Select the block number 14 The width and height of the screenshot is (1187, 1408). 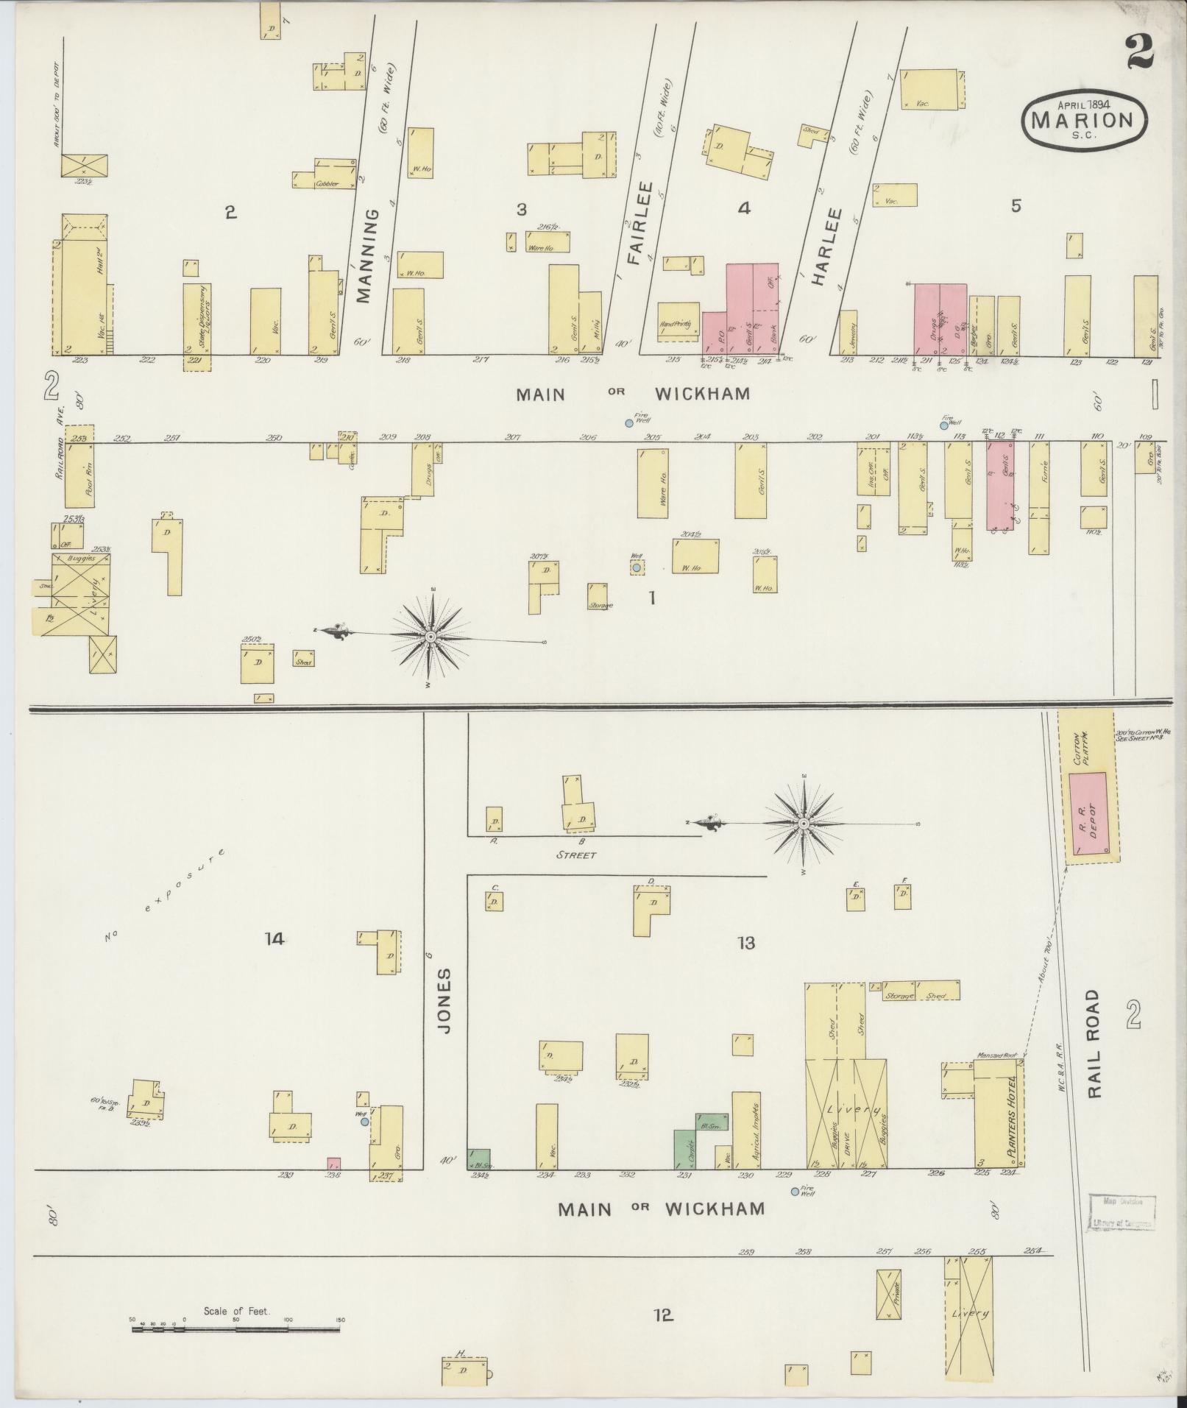tap(274, 938)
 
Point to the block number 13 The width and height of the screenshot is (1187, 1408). tap(746, 943)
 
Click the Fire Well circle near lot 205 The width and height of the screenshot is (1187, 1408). tap(629, 423)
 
